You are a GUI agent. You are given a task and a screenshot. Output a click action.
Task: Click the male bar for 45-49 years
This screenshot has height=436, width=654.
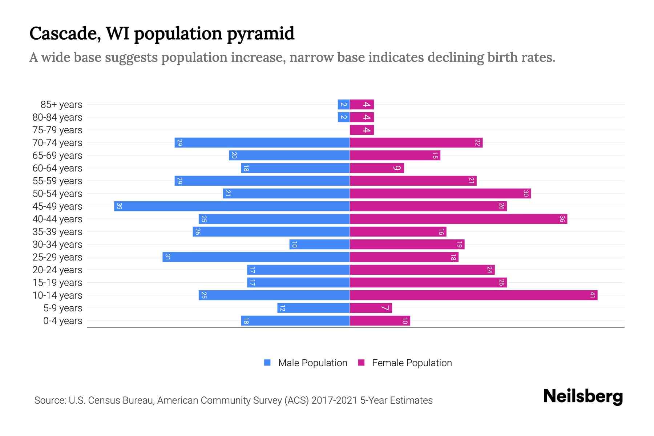pos(232,206)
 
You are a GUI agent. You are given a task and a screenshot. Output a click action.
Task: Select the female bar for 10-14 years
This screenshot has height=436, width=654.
pos(473,295)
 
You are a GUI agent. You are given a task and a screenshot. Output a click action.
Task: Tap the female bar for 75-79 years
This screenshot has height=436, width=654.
pos(362,130)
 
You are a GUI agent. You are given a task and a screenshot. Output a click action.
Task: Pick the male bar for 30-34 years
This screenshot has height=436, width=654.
pos(319,245)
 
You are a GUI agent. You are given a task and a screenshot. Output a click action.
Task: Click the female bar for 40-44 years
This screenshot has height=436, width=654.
pos(458,219)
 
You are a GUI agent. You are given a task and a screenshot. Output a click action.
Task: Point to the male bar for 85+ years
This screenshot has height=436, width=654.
pos(343,105)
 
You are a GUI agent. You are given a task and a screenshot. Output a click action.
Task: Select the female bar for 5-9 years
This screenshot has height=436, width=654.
pos(371,308)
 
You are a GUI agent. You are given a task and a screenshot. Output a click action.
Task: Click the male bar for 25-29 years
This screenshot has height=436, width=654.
pos(256,257)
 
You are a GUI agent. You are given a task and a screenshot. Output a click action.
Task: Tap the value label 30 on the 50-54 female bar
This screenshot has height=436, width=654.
pos(525,194)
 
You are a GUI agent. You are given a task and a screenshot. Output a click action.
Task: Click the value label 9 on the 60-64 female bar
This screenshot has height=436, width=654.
pos(397,168)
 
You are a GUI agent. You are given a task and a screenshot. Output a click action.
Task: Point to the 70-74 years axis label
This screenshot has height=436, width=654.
pos(57,143)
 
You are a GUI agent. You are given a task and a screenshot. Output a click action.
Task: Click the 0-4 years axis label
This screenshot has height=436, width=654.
pos(62,321)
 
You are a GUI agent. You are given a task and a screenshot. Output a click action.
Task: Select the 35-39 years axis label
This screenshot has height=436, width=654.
pos(57,232)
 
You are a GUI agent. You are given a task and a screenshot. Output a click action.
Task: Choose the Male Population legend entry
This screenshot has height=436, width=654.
pos(312,363)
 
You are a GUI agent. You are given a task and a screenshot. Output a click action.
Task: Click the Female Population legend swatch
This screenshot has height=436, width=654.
pos(361,363)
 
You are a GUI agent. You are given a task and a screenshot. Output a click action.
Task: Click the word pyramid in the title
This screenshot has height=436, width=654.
pos(261,34)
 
